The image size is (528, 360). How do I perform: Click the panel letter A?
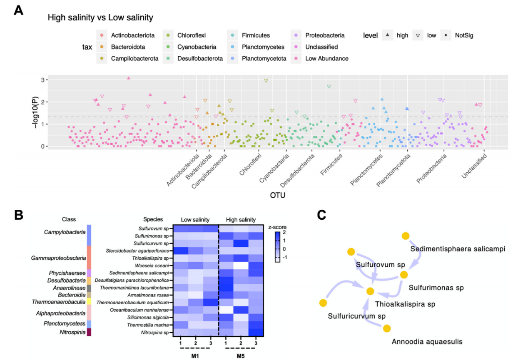[18, 10]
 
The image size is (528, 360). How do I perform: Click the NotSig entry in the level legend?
[464, 35]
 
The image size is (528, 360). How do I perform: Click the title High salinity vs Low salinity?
[100, 18]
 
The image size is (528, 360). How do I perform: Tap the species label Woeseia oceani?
[154, 265]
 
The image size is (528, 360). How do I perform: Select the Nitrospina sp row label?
[155, 332]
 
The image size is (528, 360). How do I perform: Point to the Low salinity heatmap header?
[195, 220]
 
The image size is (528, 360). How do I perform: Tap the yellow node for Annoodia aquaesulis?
[387, 328]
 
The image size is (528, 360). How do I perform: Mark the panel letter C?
[321, 215]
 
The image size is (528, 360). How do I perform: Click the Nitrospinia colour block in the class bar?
[89, 332]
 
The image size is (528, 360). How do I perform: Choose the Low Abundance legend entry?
[326, 59]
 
